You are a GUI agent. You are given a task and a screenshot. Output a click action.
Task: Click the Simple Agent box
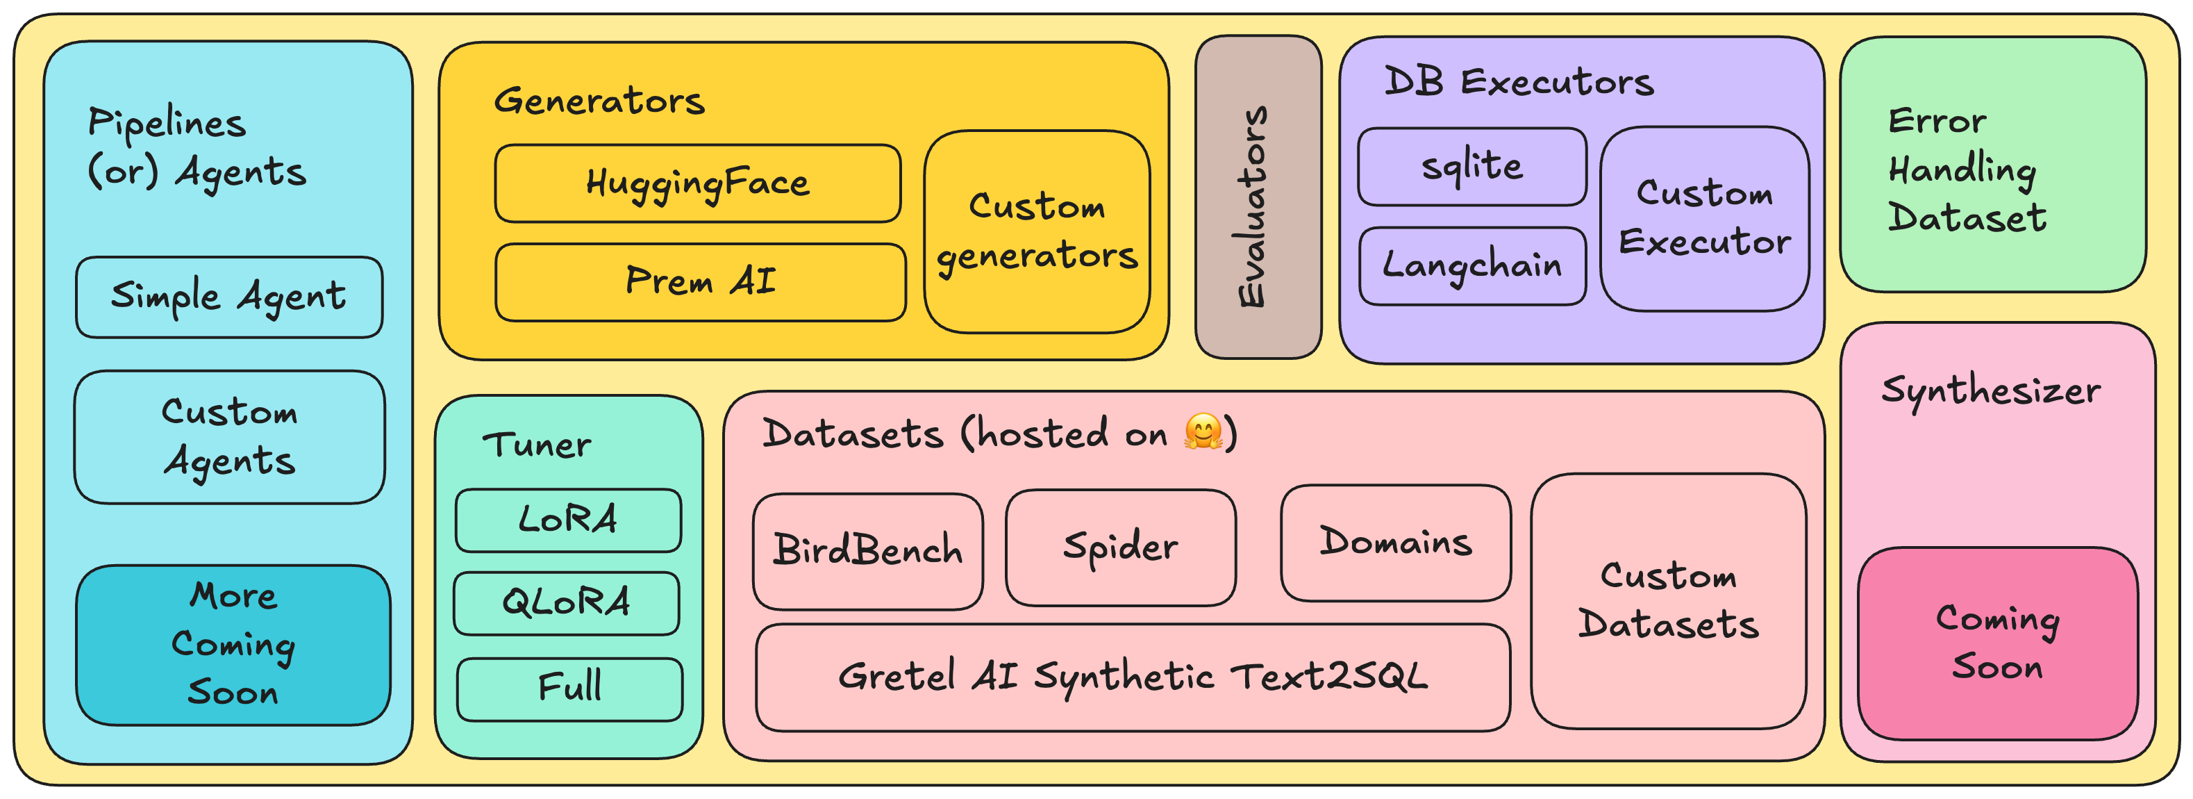pos(229,297)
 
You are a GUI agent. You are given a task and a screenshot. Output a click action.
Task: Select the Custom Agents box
pos(229,437)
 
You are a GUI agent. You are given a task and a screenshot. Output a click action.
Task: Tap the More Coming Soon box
pos(233,645)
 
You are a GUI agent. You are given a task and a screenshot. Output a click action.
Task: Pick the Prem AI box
pos(700,282)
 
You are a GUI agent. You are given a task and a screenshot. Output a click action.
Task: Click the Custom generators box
pos(1036,231)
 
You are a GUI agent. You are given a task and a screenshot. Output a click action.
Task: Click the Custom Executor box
pos(1704,219)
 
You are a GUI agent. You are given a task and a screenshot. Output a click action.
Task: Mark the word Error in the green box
pos(1937,121)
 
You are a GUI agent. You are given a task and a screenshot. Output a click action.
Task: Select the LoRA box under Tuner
pos(568,520)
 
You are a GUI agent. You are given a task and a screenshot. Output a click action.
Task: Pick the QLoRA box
pos(566,603)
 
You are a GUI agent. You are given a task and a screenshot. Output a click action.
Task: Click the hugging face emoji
pos(1203,432)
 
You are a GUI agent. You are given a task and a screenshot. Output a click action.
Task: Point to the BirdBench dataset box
pos(867,551)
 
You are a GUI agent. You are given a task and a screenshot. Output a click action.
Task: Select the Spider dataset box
pos(1120,547)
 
